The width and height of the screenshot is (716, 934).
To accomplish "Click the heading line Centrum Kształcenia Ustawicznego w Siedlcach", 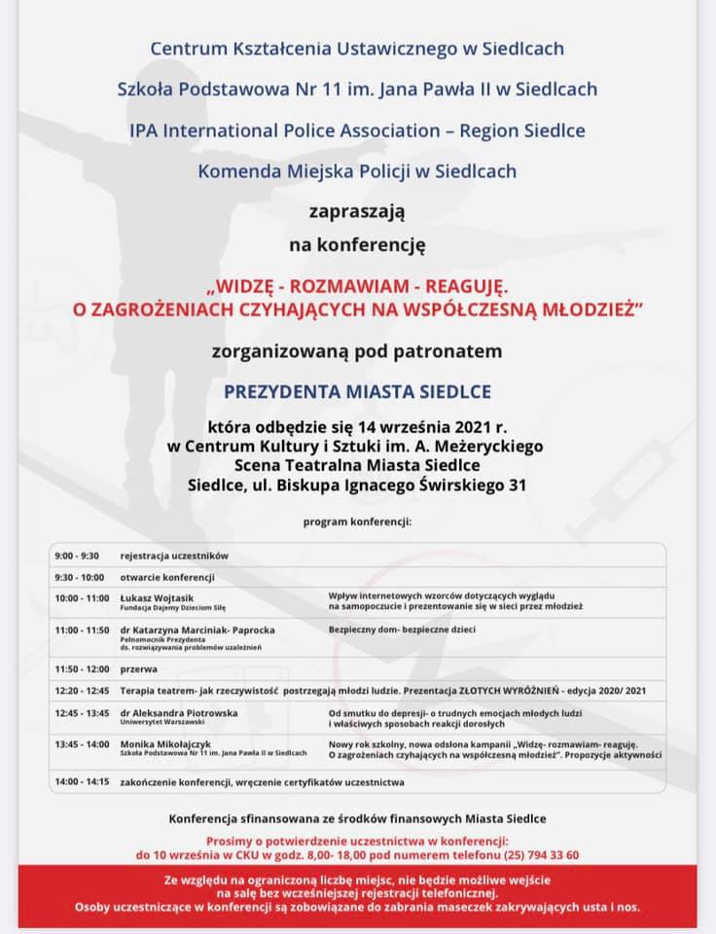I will point(357,48).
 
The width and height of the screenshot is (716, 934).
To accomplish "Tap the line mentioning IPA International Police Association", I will point(357,129).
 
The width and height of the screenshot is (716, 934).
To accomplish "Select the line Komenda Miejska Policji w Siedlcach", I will point(357,171).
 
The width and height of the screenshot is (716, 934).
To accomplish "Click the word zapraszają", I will point(357,210).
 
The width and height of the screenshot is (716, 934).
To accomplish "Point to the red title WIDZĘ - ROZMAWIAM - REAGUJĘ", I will point(358,289).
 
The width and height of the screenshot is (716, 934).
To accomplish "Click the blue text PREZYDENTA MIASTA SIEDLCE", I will point(358,391).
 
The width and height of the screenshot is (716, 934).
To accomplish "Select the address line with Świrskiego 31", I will point(358,485).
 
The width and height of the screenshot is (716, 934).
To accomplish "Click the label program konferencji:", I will point(357,521).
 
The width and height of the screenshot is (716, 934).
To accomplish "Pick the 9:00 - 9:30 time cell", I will point(77,556).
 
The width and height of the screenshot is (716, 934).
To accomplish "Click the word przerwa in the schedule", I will point(138,670).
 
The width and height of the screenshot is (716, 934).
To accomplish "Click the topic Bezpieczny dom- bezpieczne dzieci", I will point(402,629).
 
